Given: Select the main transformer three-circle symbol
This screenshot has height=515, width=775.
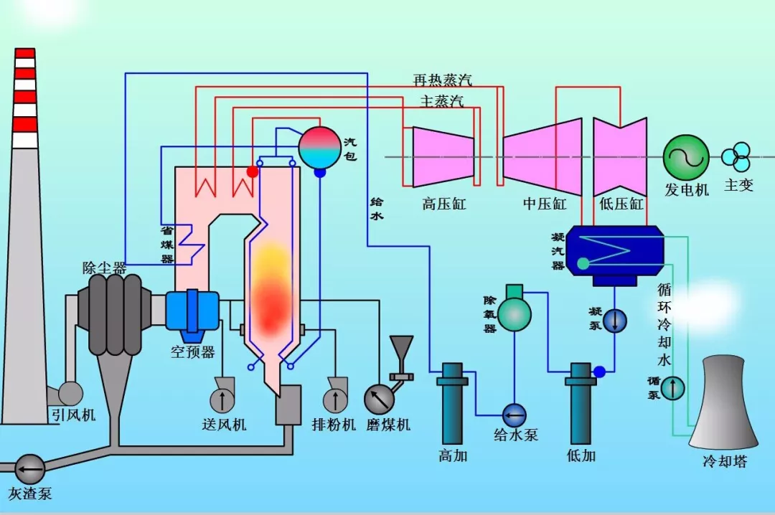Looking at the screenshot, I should tap(736, 155).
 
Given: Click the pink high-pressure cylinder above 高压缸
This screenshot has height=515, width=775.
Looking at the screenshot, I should tap(442, 157).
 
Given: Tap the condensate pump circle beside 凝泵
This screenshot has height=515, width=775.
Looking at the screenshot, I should tap(615, 321).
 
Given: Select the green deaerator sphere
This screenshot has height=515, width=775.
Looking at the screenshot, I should tap(515, 313).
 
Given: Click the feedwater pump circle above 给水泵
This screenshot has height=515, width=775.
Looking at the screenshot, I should tap(514, 414).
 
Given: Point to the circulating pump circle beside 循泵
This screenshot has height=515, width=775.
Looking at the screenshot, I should tap(672, 388).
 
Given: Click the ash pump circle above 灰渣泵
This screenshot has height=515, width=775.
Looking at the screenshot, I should tap(30, 470).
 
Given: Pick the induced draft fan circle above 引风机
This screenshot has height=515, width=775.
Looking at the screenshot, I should tap(70, 392).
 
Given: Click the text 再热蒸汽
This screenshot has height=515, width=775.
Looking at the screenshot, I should tap(442, 80).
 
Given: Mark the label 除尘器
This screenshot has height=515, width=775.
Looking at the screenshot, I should tap(104, 268).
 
